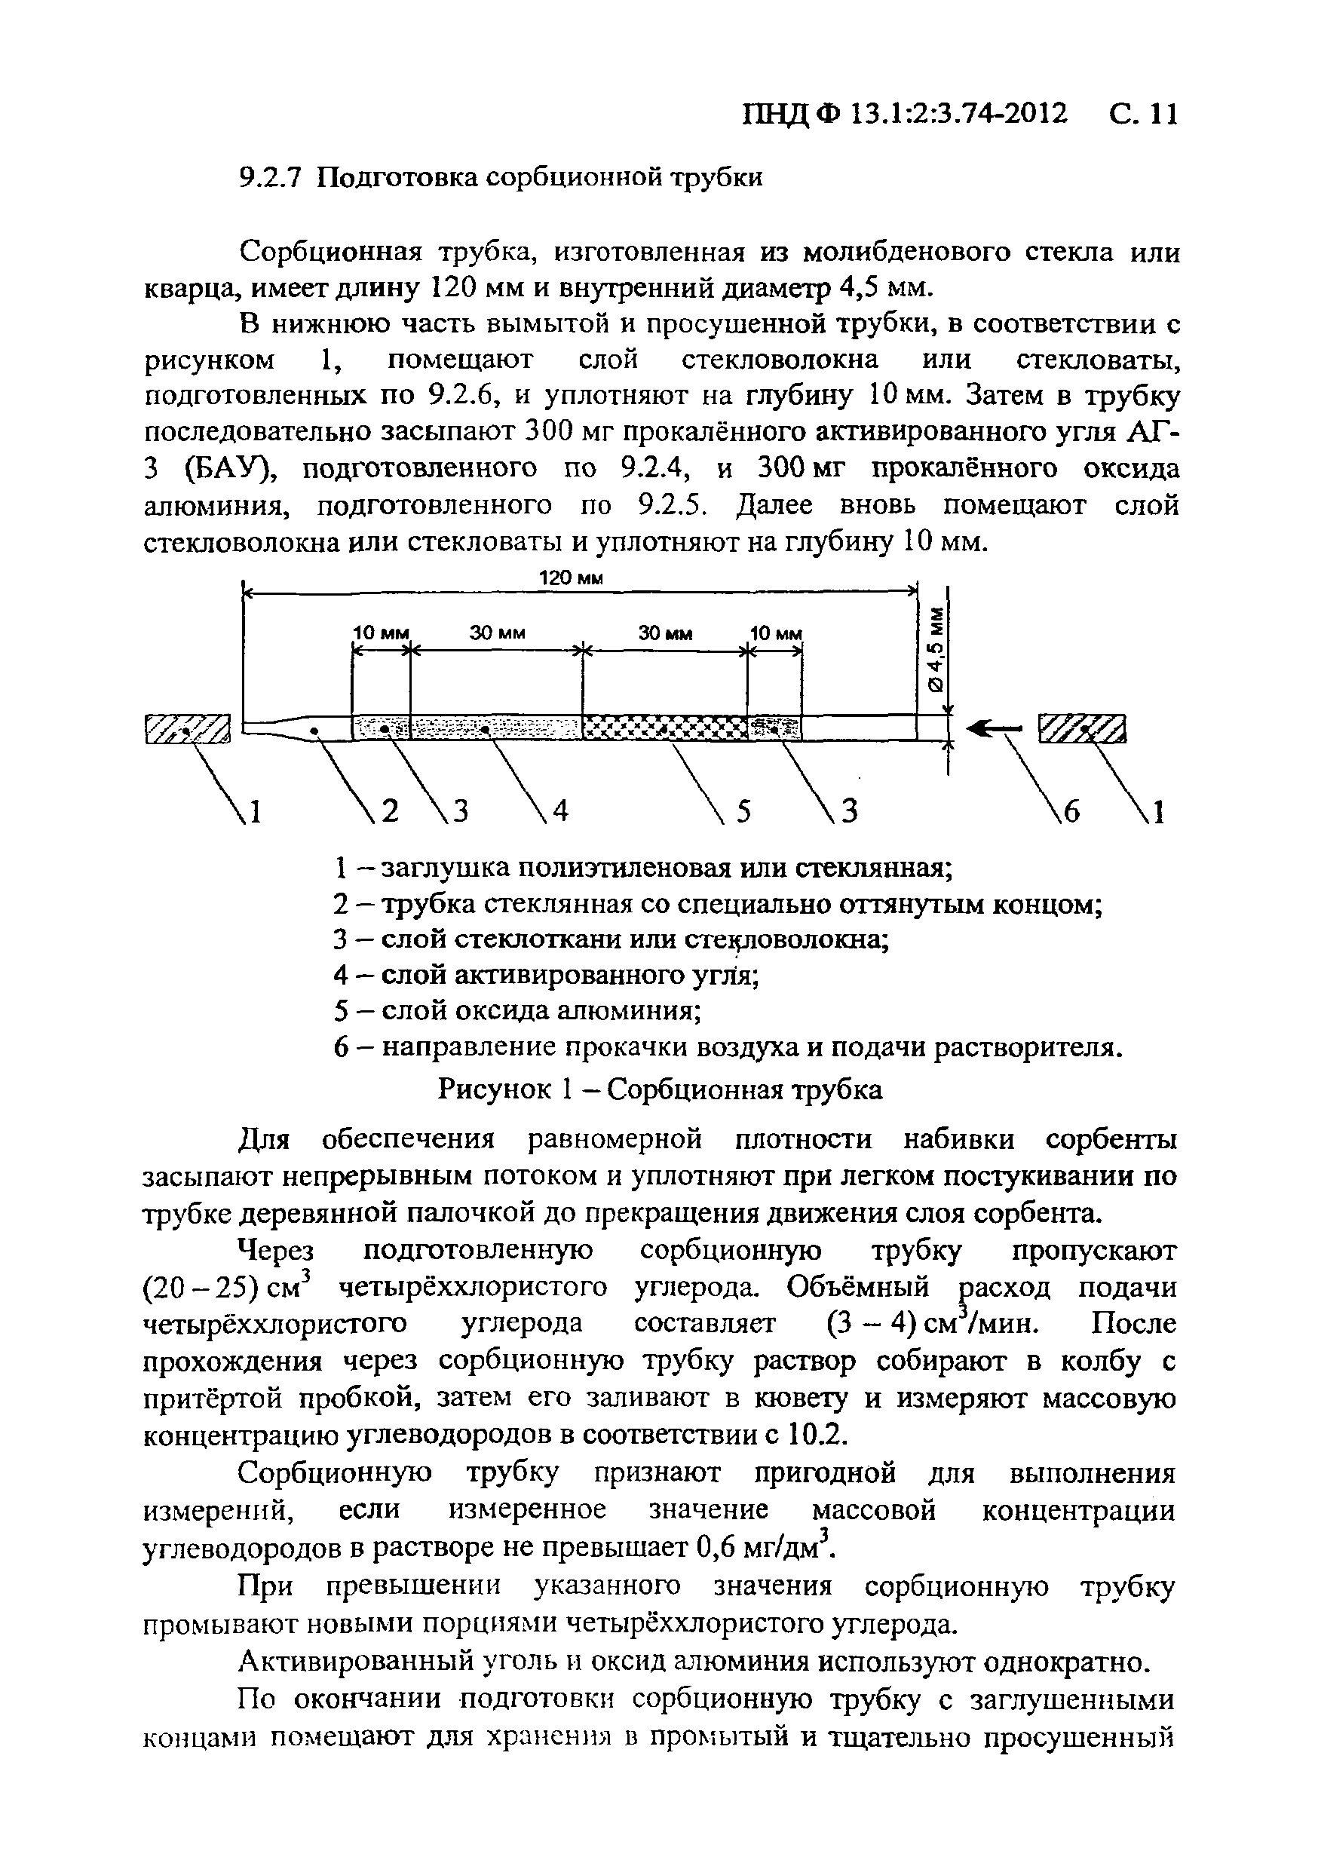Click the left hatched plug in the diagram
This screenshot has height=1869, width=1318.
tap(187, 729)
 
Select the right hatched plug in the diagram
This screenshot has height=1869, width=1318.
tap(1080, 728)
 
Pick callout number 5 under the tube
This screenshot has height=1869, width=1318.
tap(743, 811)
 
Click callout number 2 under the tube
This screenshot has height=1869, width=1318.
tap(391, 811)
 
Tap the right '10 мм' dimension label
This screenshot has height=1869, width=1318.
tap(776, 633)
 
